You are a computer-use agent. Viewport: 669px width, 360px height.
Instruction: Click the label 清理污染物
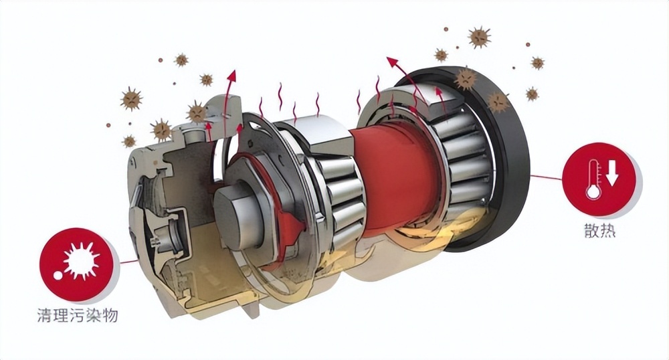(x=77, y=316)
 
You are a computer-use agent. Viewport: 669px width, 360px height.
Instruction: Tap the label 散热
(x=600, y=231)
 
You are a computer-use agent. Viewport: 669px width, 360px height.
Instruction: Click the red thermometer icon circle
(x=599, y=179)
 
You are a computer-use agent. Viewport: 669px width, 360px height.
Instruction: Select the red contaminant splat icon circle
(x=77, y=264)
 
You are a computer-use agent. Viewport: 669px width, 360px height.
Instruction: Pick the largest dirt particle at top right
(x=480, y=37)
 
